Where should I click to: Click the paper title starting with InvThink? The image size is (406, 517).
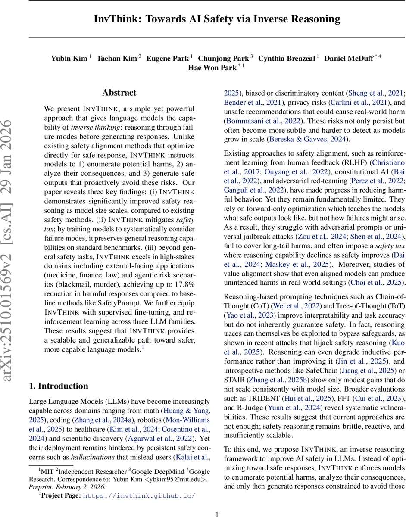point(217,19)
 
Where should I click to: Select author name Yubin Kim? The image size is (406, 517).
point(69,58)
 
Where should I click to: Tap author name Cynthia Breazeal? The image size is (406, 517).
point(286,58)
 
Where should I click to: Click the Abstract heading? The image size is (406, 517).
point(119,93)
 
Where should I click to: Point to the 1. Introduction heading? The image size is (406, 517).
point(58,386)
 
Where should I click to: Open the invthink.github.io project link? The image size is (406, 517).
point(139,495)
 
